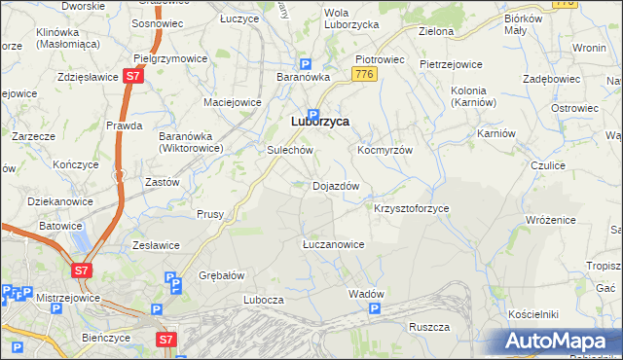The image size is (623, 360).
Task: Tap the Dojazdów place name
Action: click(x=337, y=185)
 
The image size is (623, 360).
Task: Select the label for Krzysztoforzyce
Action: click(x=411, y=208)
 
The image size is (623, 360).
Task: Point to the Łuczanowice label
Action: click(x=333, y=244)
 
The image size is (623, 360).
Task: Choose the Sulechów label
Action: click(x=289, y=151)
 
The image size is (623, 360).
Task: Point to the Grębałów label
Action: click(x=221, y=274)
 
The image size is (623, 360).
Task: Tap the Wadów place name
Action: click(x=366, y=294)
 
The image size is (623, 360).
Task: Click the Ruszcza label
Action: click(x=428, y=327)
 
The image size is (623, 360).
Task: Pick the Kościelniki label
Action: click(x=532, y=314)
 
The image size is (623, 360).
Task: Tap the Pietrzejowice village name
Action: click(x=451, y=64)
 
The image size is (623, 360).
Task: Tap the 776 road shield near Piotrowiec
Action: click(x=364, y=75)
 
